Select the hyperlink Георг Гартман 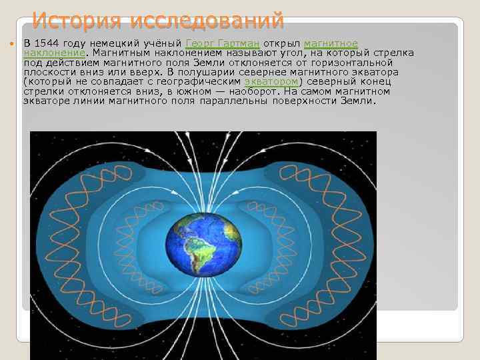click(x=222, y=43)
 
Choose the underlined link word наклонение click(x=54, y=53)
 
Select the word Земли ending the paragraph click(x=358, y=101)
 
